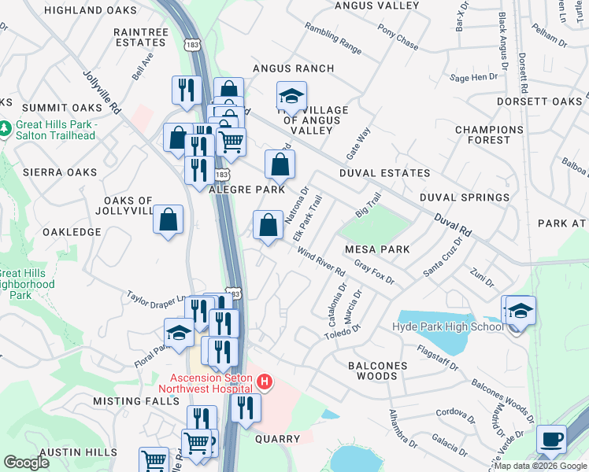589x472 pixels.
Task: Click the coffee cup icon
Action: coord(551,438)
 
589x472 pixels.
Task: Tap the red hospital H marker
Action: coord(265,383)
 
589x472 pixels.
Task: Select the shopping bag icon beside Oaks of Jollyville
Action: coord(169,220)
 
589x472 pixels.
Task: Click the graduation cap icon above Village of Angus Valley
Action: coord(291,97)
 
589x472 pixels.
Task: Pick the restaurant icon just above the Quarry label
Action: coord(246,408)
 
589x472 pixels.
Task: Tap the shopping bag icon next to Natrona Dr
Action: coord(269,226)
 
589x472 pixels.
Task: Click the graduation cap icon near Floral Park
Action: coord(179,333)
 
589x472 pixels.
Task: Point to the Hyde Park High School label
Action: coord(448,327)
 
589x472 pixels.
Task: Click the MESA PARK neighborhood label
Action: coord(378,249)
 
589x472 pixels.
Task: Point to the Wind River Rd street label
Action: coord(320,261)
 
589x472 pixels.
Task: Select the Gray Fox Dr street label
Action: coord(373,274)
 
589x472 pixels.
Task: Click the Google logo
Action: coord(26,462)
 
